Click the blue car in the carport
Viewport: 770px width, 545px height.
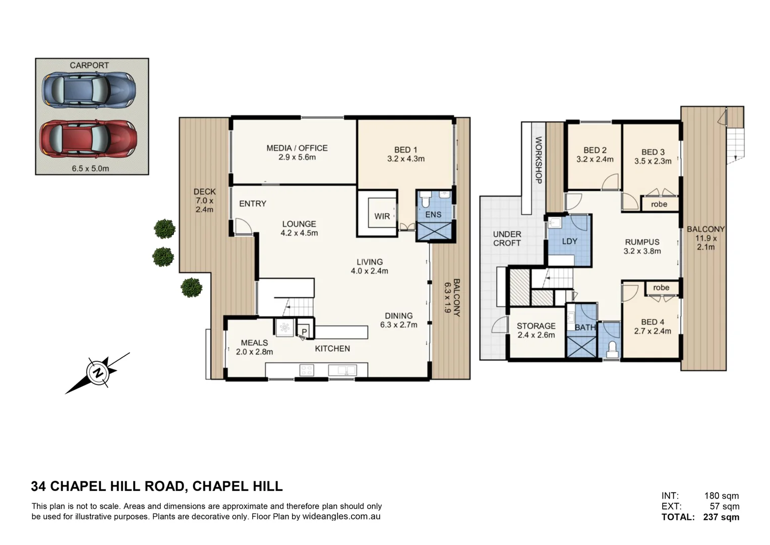[89, 90]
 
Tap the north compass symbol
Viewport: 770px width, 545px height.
[97, 373]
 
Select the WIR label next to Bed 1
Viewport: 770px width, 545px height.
[382, 216]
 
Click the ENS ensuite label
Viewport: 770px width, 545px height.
[433, 214]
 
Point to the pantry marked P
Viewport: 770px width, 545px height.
[304, 332]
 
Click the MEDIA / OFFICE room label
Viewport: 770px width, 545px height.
[297, 148]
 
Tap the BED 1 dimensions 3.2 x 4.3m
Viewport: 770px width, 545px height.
[405, 159]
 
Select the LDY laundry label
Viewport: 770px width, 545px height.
[569, 241]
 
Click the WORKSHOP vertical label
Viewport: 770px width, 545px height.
[538, 160]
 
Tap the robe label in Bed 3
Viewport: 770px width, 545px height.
[659, 204]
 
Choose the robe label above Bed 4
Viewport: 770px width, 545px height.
[661, 288]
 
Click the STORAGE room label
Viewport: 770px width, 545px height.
[536, 326]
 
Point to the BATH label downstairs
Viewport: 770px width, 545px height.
[585, 328]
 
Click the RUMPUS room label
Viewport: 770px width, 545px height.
[642, 242]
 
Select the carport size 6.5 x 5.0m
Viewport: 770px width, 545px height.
[90, 169]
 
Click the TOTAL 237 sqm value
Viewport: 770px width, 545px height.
[721, 517]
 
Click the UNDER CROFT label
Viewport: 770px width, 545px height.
[507, 239]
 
